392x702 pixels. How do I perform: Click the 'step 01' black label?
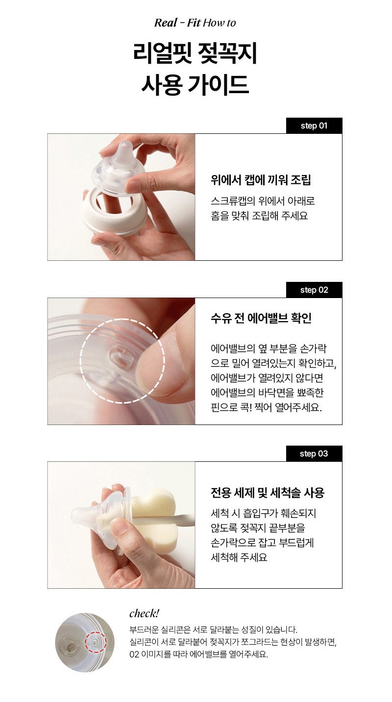click(314, 125)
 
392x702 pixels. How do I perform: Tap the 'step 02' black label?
click(314, 290)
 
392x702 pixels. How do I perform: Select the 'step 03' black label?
click(314, 453)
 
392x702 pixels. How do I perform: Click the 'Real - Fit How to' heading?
click(195, 23)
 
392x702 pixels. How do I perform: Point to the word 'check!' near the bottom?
click(144, 613)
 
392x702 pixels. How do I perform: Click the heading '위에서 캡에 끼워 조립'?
click(261, 180)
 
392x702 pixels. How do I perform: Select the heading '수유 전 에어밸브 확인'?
click(261, 318)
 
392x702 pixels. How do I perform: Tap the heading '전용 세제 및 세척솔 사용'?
click(268, 493)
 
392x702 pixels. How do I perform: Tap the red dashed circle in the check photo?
click(96, 643)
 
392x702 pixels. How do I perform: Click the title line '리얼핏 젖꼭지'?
click(195, 53)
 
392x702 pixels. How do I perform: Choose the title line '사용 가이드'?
click(195, 84)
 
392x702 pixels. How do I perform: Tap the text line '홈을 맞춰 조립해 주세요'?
click(259, 216)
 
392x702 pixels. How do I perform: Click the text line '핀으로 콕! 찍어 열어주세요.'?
click(267, 407)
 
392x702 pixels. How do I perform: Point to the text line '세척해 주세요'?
click(239, 557)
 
